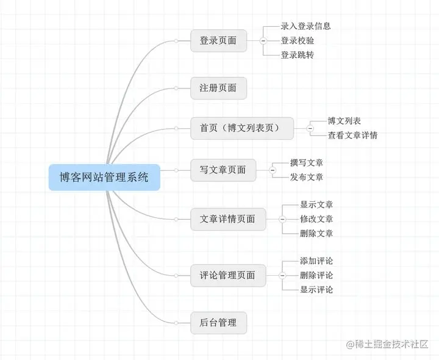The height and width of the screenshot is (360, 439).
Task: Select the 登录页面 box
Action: pyautogui.click(x=218, y=41)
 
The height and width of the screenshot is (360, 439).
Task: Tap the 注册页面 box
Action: pyautogui.click(x=218, y=88)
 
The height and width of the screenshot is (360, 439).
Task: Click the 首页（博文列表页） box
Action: pyautogui.click(x=242, y=128)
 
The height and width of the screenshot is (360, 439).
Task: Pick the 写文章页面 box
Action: pyautogui.click(x=223, y=170)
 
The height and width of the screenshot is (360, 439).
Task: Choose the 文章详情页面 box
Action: pyautogui.click(x=227, y=219)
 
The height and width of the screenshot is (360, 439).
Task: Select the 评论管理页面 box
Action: pyautogui.click(x=227, y=275)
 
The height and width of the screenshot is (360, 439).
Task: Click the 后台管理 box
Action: pyautogui.click(x=218, y=322)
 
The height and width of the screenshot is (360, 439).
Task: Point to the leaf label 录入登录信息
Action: pyautogui.click(x=305, y=26)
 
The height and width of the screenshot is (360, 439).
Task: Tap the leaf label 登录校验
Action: pyautogui.click(x=297, y=41)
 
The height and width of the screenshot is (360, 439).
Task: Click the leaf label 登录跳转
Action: pyautogui.click(x=297, y=55)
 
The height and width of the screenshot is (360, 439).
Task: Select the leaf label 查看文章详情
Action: pyautogui.click(x=352, y=135)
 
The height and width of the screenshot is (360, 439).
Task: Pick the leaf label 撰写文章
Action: pyautogui.click(x=307, y=163)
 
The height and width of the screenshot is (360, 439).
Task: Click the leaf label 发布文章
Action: pyautogui.click(x=307, y=177)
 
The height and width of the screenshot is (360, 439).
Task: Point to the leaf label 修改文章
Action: pyautogui.click(x=316, y=219)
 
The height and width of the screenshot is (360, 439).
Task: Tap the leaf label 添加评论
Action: pyautogui.click(x=316, y=261)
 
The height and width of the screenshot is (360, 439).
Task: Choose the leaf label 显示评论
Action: pyautogui.click(x=316, y=289)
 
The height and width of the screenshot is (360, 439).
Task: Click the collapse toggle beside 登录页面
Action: pyautogui.click(x=263, y=41)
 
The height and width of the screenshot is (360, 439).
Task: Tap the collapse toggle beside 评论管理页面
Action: pyautogui.click(x=282, y=275)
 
